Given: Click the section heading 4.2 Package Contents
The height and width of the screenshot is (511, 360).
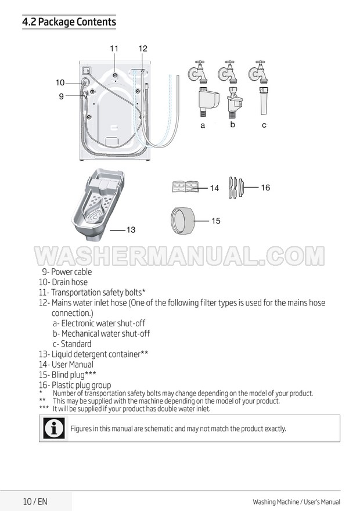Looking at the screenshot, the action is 69,22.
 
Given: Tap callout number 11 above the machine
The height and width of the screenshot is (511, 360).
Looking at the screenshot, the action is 114,49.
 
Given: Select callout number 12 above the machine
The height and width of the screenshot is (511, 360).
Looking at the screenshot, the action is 143,49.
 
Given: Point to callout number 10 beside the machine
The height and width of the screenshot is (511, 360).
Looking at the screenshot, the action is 60,82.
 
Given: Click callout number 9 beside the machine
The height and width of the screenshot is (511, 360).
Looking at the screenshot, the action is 61,96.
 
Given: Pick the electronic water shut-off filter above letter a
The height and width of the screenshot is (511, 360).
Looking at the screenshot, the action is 207,101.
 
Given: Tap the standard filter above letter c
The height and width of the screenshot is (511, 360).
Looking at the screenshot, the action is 264,100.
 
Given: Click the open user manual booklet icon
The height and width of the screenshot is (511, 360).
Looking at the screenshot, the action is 185,187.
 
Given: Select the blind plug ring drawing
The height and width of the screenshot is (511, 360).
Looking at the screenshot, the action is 183,220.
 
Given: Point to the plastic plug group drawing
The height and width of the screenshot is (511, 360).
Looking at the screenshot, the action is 236,188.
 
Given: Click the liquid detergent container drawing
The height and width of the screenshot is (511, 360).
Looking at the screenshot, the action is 98,204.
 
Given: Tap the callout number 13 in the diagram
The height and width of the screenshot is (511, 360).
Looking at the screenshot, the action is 131,230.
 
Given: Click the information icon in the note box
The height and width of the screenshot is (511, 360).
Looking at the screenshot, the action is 54,428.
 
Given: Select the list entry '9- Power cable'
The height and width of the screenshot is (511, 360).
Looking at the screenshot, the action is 67,272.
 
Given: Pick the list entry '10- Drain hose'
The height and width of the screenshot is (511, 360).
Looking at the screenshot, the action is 63,282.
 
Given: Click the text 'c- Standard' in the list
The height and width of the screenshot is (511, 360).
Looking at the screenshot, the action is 72,344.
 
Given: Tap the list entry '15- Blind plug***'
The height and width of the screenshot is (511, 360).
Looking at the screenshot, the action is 67,375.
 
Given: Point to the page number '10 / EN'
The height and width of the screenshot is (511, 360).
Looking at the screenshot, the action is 35,501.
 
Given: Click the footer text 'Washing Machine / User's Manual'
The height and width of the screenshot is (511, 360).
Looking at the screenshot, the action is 297,502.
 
